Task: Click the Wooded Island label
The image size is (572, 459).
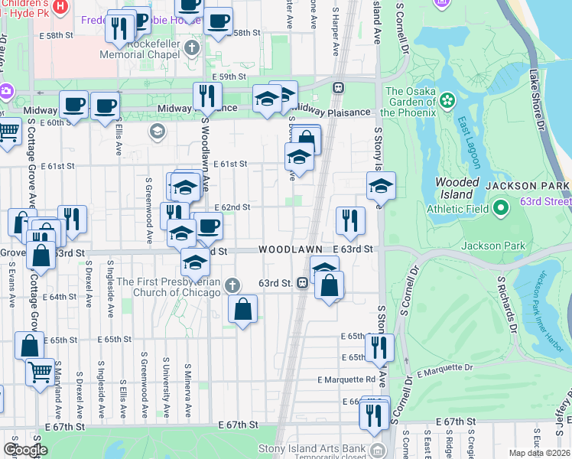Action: (x=457, y=188)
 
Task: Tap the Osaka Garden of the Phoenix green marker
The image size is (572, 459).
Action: (x=447, y=100)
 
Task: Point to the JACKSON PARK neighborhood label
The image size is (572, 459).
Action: (x=533, y=187)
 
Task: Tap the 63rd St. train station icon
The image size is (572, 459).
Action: (x=303, y=283)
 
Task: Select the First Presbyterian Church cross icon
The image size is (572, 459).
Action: (x=234, y=285)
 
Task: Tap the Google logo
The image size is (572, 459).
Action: (x=25, y=449)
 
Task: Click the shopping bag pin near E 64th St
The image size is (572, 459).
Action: (x=243, y=309)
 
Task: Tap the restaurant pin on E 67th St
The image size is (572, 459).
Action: (x=372, y=415)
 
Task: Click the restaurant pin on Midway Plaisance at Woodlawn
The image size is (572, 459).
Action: (x=206, y=96)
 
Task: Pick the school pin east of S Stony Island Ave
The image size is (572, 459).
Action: (x=381, y=185)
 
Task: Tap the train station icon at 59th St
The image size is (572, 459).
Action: (x=336, y=87)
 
